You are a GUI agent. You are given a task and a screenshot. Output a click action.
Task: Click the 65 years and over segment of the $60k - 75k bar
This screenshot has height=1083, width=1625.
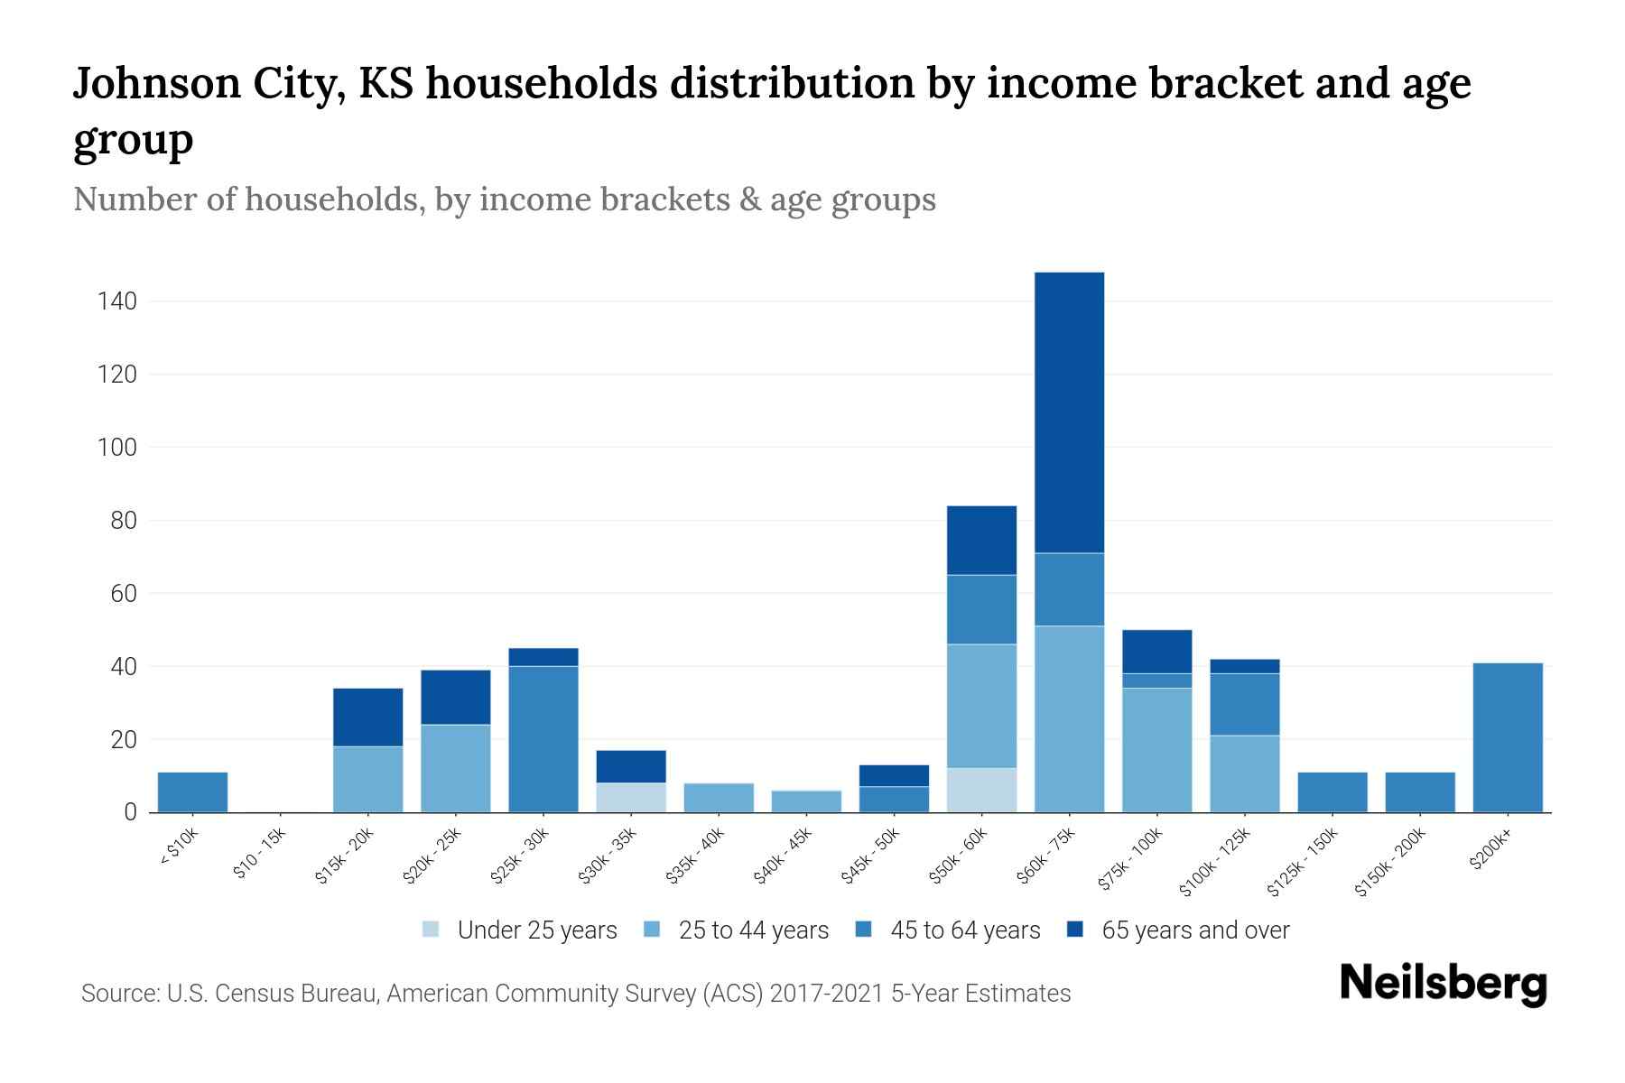click(1069, 412)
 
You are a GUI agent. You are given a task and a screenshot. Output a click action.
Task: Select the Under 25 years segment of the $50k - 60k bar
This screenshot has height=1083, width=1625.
click(981, 790)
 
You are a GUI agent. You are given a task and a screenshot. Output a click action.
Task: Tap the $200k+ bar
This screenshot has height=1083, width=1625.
click(1508, 737)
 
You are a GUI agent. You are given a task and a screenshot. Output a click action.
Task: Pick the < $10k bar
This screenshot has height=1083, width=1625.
click(192, 791)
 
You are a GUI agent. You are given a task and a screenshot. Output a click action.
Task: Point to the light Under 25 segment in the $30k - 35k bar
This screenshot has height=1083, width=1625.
click(631, 797)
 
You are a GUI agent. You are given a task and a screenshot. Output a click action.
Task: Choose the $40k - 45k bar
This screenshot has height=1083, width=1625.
click(806, 801)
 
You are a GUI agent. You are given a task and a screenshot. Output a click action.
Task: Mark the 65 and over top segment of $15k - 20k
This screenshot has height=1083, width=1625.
click(367, 717)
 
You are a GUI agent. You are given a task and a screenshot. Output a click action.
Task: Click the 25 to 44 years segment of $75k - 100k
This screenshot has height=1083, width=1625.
click(1156, 749)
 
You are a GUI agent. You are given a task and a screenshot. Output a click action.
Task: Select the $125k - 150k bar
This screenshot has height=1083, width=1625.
click(1332, 791)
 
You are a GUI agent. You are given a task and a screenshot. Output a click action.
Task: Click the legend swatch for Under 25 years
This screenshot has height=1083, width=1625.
click(432, 930)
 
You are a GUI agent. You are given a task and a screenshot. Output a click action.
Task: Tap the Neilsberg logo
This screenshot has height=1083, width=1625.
click(1443, 984)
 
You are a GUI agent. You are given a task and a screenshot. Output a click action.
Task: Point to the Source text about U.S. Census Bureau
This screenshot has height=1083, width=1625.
click(575, 994)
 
